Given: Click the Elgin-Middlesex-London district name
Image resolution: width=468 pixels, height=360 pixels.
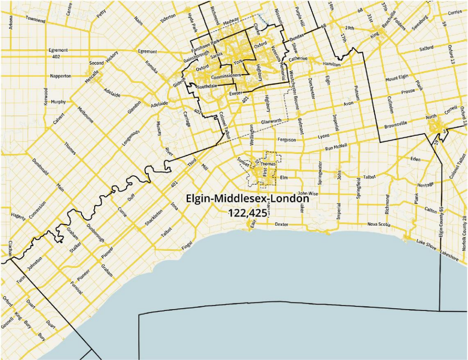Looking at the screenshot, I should click(x=247, y=199).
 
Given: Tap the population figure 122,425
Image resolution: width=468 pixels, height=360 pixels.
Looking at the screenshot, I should click(x=247, y=212).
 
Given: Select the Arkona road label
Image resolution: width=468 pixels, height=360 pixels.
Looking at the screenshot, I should click(x=11, y=21).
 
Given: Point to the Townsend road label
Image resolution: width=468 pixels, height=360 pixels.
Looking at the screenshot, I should click(x=35, y=19).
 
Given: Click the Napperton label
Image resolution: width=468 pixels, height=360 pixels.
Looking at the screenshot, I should click(x=60, y=75).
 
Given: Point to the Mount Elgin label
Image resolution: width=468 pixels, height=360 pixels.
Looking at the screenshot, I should click(x=398, y=79).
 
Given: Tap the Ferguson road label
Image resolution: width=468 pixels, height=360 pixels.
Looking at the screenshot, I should click(x=286, y=139).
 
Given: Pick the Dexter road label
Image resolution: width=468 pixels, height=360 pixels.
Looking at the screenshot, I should click(x=281, y=224).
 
